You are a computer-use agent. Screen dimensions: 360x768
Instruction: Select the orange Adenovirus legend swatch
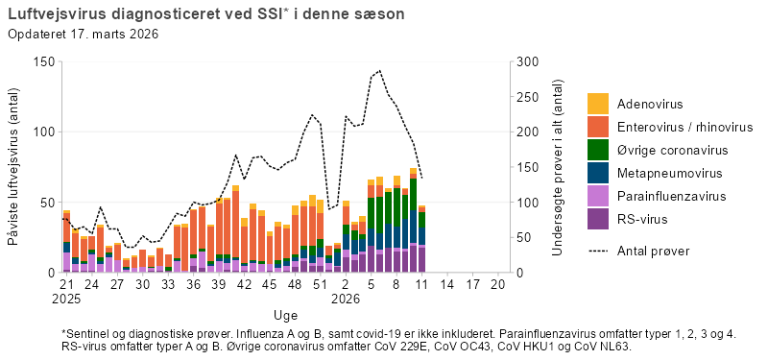pos(598,104)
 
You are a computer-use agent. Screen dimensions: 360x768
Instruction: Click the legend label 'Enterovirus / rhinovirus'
pos(685,128)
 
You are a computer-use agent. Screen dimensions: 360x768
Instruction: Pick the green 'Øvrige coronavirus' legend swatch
pos(598,151)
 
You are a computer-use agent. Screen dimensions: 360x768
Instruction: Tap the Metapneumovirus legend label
pos(669,174)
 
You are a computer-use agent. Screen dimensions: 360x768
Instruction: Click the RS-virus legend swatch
pos(598,220)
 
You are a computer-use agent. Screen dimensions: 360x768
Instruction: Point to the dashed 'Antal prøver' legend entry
pos(653,251)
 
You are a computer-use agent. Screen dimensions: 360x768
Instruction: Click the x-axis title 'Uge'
pos(285,315)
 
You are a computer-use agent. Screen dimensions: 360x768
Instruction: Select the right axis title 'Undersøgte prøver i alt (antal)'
pos(559,167)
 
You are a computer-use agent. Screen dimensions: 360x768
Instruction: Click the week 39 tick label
pos(218,285)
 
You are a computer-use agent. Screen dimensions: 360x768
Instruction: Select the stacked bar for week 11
pos(421,239)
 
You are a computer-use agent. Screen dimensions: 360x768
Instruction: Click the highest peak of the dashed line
pos(380,70)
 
